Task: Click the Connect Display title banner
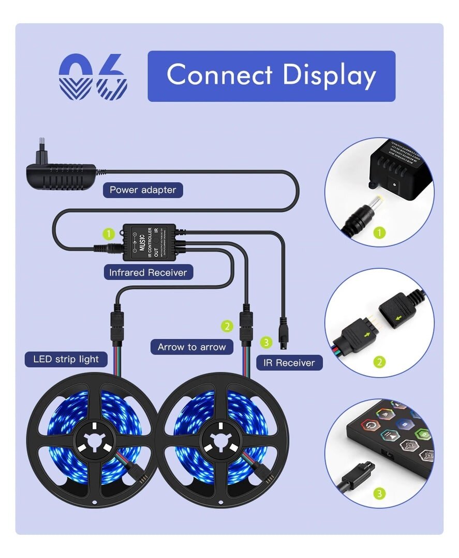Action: coord(271,75)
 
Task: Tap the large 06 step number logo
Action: coord(93,76)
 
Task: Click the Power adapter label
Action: coord(143,190)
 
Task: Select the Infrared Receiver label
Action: coord(148,272)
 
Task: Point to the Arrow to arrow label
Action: coord(191,347)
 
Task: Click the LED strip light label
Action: coord(66,359)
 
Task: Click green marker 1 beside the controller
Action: coord(108,234)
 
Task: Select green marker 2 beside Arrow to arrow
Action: coord(227,326)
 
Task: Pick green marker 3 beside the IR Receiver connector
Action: coord(265,342)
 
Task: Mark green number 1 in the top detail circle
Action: coord(380,233)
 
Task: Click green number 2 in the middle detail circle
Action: coord(380,362)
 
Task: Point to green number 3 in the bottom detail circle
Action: coord(380,494)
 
